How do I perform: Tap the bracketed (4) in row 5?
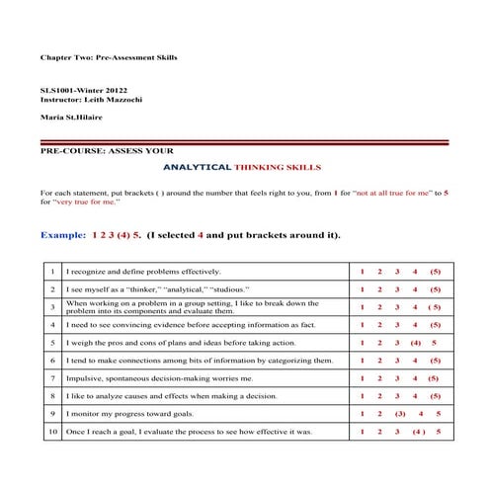click(415, 342)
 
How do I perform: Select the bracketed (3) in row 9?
click(399, 414)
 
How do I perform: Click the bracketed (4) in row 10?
click(418, 432)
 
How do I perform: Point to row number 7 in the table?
click(51, 378)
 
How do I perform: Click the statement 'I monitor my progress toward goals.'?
click(122, 414)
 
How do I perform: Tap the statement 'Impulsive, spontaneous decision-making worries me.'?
click(158, 378)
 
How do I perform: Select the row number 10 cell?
click(51, 432)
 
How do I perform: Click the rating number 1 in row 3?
click(363, 306)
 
